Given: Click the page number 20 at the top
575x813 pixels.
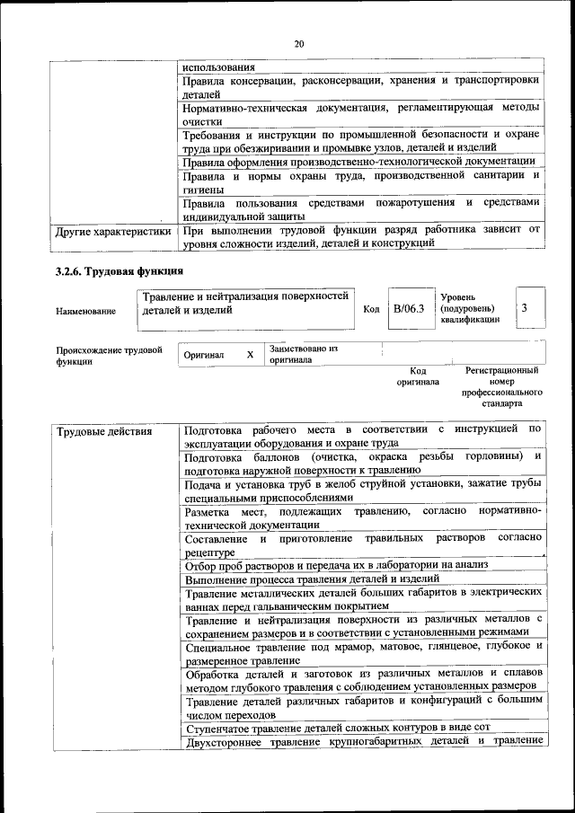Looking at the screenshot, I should [x=299, y=42].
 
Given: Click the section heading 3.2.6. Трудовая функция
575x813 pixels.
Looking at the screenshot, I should [x=119, y=270].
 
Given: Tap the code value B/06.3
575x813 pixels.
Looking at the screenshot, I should [x=409, y=309].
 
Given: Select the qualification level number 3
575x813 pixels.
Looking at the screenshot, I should [x=525, y=309].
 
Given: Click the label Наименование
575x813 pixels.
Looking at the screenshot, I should [x=85, y=312].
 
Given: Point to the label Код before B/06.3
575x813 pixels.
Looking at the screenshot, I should [x=371, y=310].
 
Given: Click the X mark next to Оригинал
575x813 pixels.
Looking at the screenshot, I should [x=250, y=355].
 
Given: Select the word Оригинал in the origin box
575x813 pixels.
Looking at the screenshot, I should [x=203, y=355].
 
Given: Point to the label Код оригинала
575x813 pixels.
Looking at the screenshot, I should [x=418, y=376].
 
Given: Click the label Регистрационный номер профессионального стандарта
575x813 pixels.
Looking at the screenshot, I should [x=502, y=387].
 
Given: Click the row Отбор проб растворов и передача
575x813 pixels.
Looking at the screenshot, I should [x=335, y=565].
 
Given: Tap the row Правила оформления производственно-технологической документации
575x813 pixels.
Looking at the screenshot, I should [x=358, y=162].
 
